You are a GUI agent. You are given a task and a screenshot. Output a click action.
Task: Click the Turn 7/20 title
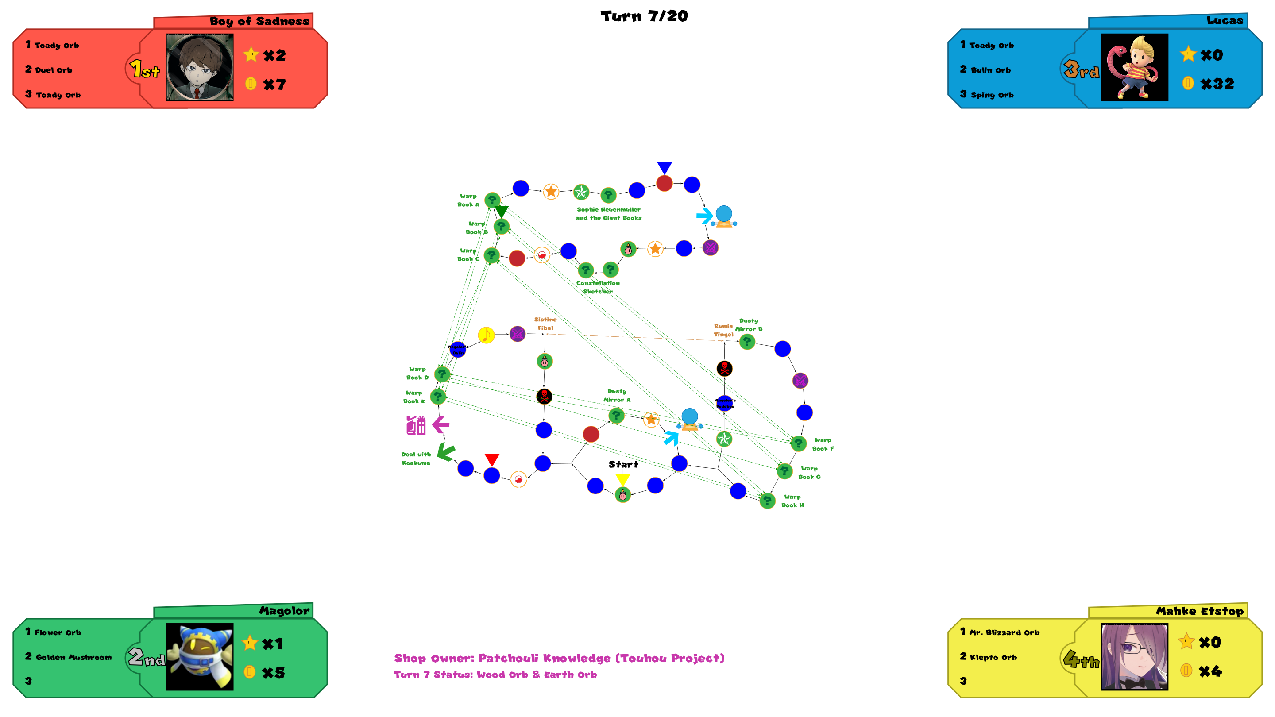[644, 16]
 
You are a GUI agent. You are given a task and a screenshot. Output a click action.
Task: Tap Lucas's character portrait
[1134, 67]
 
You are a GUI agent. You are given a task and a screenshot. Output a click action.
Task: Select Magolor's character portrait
[200, 657]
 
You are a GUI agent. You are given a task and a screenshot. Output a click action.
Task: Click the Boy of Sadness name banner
[259, 21]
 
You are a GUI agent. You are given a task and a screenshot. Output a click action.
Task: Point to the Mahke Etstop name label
[1199, 611]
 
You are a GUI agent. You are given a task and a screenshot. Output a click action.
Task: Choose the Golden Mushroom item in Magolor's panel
[73, 657]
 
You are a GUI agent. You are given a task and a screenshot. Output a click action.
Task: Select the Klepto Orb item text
[993, 657]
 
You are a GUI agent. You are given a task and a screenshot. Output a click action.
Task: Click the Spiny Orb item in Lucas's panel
[991, 95]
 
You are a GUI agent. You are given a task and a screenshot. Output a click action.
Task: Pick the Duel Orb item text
[54, 70]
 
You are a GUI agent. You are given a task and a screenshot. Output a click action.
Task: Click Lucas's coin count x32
[1217, 84]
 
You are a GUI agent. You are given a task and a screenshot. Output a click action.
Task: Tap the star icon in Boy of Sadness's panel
[251, 54]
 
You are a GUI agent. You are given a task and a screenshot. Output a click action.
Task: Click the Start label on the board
[623, 464]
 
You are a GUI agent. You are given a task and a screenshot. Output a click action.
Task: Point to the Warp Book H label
[792, 501]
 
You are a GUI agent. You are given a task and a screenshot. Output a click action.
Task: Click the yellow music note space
[486, 335]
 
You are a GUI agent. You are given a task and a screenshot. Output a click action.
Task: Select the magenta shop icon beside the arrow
[416, 425]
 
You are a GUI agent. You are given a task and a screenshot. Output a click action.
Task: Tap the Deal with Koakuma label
[416, 458]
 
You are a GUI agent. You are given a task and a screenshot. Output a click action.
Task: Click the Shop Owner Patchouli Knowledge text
[559, 658]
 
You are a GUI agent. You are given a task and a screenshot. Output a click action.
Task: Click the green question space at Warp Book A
[492, 200]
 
